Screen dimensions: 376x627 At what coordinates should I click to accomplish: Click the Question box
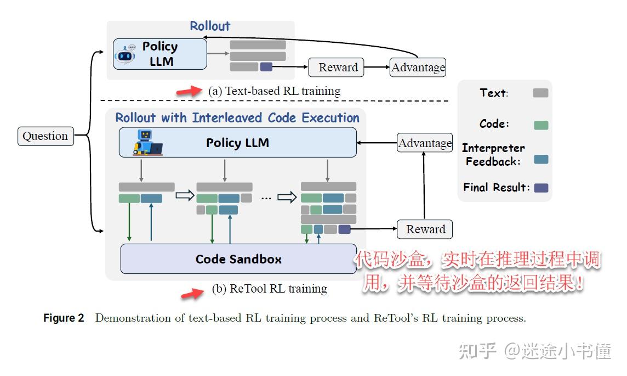[x=45, y=136]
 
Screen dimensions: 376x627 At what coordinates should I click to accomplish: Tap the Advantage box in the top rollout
[x=418, y=68]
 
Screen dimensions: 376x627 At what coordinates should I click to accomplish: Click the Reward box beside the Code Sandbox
[x=425, y=229]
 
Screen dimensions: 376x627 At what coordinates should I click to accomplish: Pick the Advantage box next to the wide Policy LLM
[x=425, y=143]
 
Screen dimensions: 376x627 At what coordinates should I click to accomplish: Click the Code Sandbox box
[x=238, y=259]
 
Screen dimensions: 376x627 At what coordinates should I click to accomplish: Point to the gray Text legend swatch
[x=540, y=93]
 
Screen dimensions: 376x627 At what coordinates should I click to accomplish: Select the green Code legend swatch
[x=541, y=125]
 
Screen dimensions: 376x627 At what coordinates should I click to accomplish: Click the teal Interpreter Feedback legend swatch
[x=541, y=159]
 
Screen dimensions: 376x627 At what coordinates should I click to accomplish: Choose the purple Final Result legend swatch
[x=541, y=188]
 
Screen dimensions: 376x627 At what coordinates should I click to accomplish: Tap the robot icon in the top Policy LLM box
[x=126, y=55]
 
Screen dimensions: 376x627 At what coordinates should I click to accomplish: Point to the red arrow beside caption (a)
[x=187, y=91]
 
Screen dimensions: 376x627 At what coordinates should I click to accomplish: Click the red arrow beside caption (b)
[x=192, y=294]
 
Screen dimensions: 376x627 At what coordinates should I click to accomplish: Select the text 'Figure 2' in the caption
[x=64, y=318]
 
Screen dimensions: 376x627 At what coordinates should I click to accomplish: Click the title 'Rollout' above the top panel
[x=210, y=26]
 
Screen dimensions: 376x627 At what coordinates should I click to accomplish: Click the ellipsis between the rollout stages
[x=266, y=198]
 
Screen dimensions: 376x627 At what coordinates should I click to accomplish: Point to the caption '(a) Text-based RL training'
[x=274, y=91]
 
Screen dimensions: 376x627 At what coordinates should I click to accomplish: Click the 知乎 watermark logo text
[x=477, y=351]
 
